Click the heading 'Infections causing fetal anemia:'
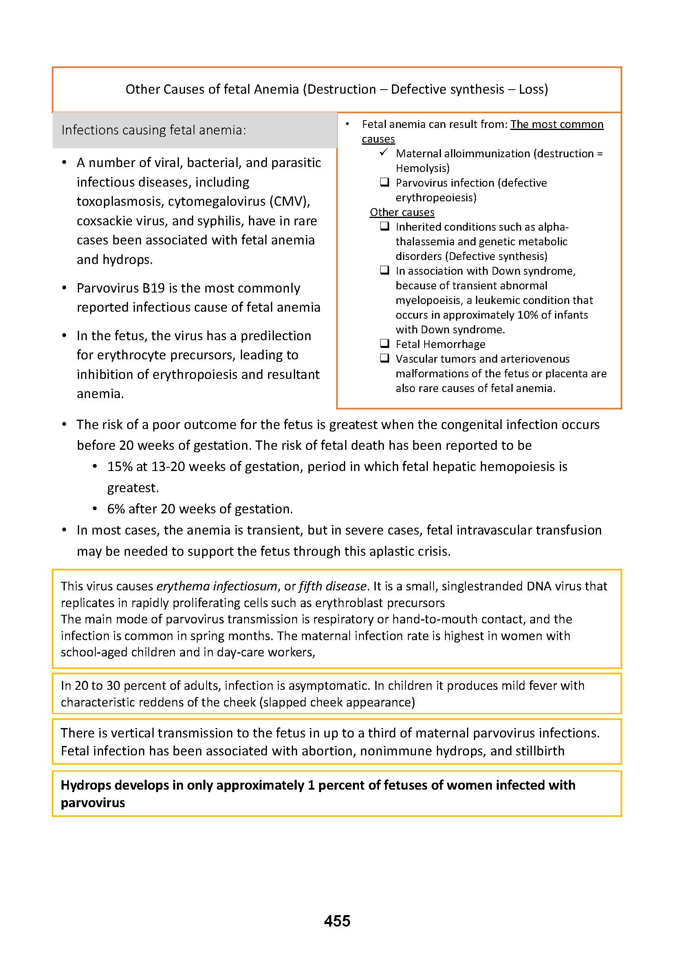click(154, 130)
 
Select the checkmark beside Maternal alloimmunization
click(384, 153)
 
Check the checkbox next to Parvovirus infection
click(384, 182)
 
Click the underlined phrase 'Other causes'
click(402, 212)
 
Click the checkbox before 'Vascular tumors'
click(384, 358)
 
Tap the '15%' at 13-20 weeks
click(119, 467)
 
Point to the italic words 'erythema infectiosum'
click(217, 586)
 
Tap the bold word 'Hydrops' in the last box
click(86, 785)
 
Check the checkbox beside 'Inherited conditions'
click(384, 226)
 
